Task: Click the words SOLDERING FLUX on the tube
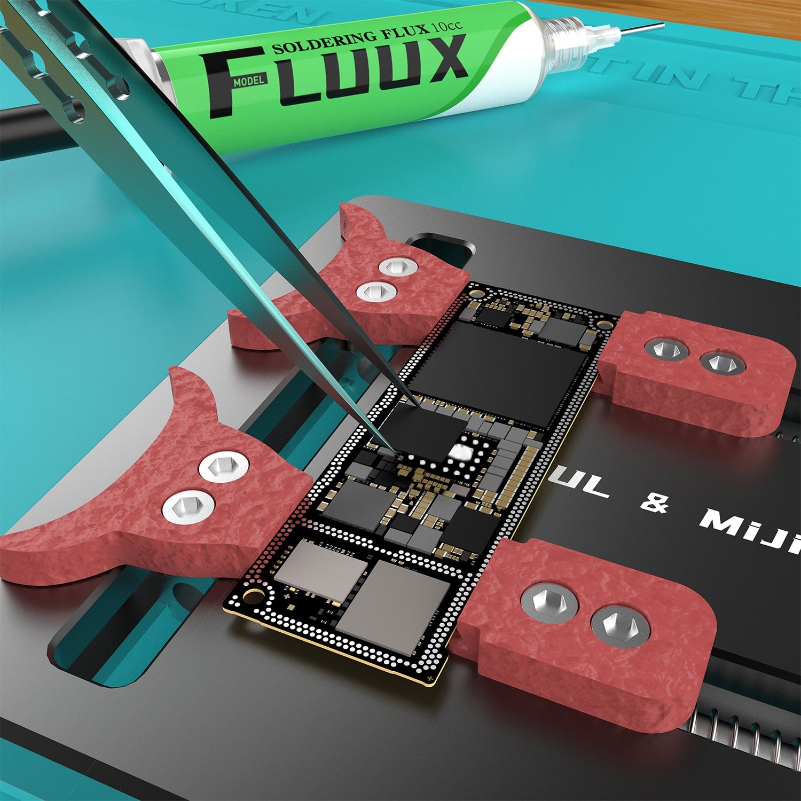tap(350, 39)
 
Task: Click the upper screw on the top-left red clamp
tap(397, 265)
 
